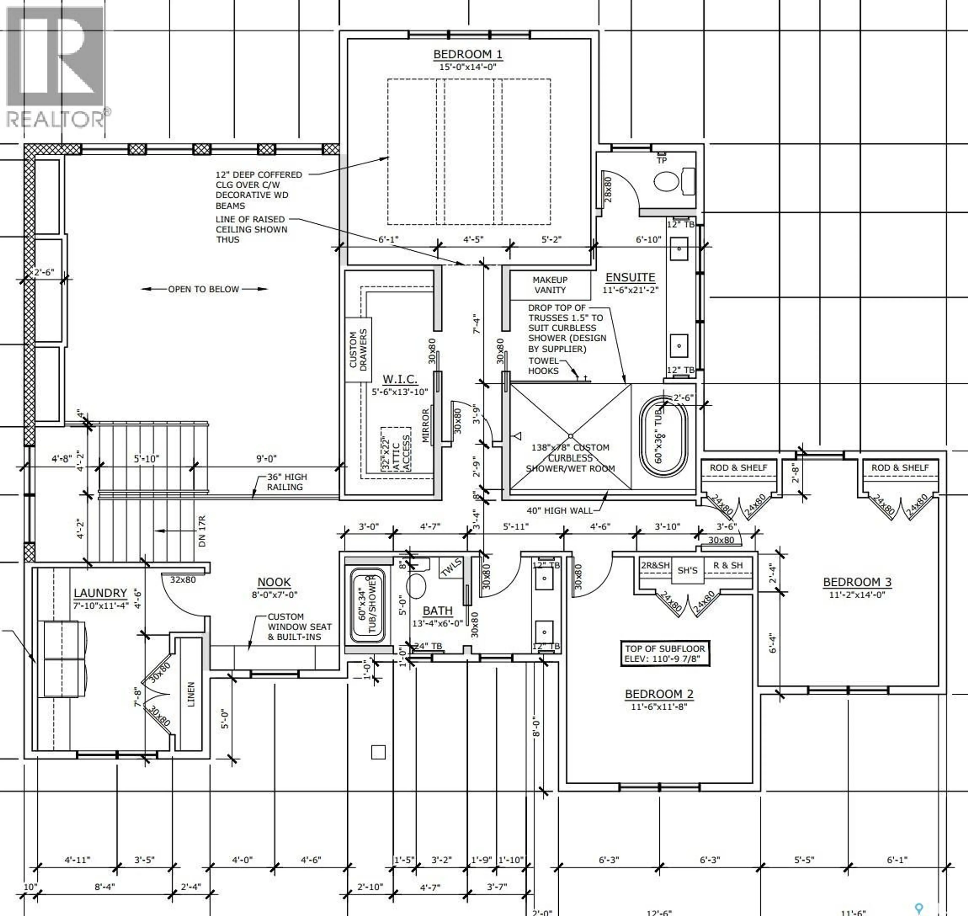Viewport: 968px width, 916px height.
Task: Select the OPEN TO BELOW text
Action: [204, 289]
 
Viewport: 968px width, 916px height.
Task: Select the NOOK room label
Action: [274, 582]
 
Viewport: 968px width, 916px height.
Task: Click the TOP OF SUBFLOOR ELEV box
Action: [664, 653]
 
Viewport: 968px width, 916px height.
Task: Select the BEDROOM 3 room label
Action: [857, 582]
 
